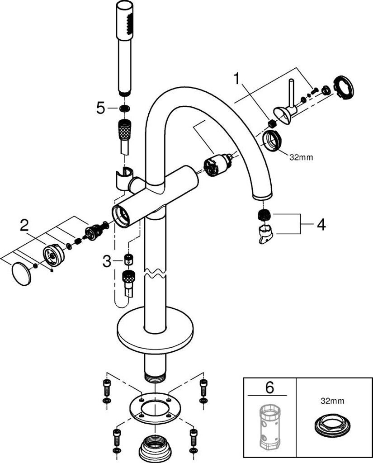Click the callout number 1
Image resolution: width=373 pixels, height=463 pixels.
click(x=236, y=80)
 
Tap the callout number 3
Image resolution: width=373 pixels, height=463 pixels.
click(x=107, y=261)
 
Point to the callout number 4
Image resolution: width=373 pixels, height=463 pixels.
click(x=321, y=225)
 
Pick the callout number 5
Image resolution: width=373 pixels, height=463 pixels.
click(x=101, y=109)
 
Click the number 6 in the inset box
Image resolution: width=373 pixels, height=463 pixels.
click(x=269, y=387)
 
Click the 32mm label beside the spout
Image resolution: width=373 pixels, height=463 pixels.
click(x=301, y=157)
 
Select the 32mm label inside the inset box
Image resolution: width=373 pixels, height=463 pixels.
click(x=333, y=401)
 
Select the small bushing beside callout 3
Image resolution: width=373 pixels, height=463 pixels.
click(x=128, y=259)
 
